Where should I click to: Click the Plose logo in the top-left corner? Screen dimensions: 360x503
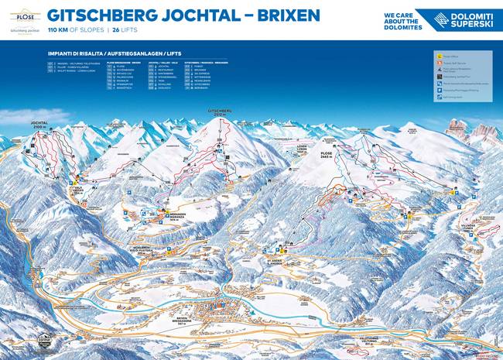pos(21,20)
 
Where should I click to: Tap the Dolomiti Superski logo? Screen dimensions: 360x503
pos(459,20)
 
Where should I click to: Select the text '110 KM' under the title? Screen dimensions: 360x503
pos(60,29)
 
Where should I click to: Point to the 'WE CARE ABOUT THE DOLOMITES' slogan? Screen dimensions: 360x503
pos(402,21)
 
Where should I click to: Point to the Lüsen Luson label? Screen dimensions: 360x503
pos(307,147)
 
